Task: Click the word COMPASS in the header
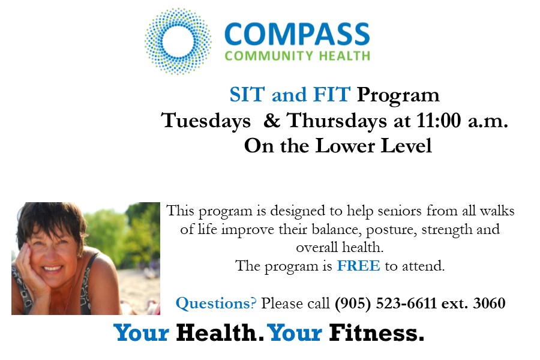pos(297,34)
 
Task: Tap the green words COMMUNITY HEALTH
pos(298,56)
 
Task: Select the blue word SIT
pos(247,94)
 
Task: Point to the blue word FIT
pos(332,94)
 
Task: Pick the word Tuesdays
pos(206,122)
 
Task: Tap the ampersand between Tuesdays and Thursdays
pos(272,121)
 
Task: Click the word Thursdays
pos(337,122)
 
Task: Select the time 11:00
pos(439,121)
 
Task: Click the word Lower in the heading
pos(345,146)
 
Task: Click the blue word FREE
pos(359,266)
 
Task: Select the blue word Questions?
pos(216,304)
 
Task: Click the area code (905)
pos(353,304)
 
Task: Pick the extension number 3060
pos(489,303)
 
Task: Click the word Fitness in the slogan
pos(376,333)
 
